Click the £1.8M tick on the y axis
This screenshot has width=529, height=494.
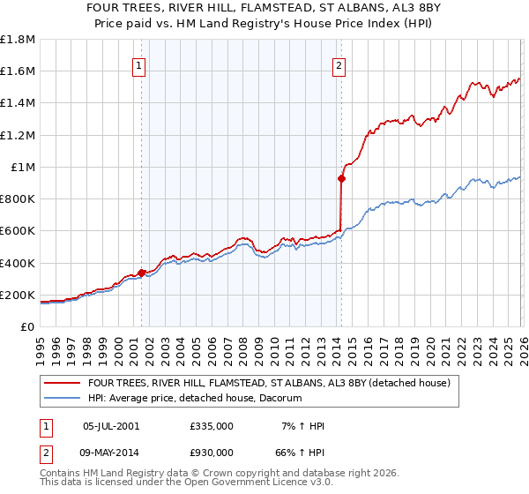(18, 40)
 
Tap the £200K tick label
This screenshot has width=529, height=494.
(17, 295)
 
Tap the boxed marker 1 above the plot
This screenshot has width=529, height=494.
(139, 64)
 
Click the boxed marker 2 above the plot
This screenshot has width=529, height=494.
(339, 64)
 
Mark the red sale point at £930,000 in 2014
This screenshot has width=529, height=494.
(341, 178)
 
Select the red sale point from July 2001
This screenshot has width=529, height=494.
(142, 273)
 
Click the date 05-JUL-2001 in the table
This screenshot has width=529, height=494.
(111, 425)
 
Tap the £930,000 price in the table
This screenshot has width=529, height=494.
(212, 452)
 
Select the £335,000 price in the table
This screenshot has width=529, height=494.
(212, 425)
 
